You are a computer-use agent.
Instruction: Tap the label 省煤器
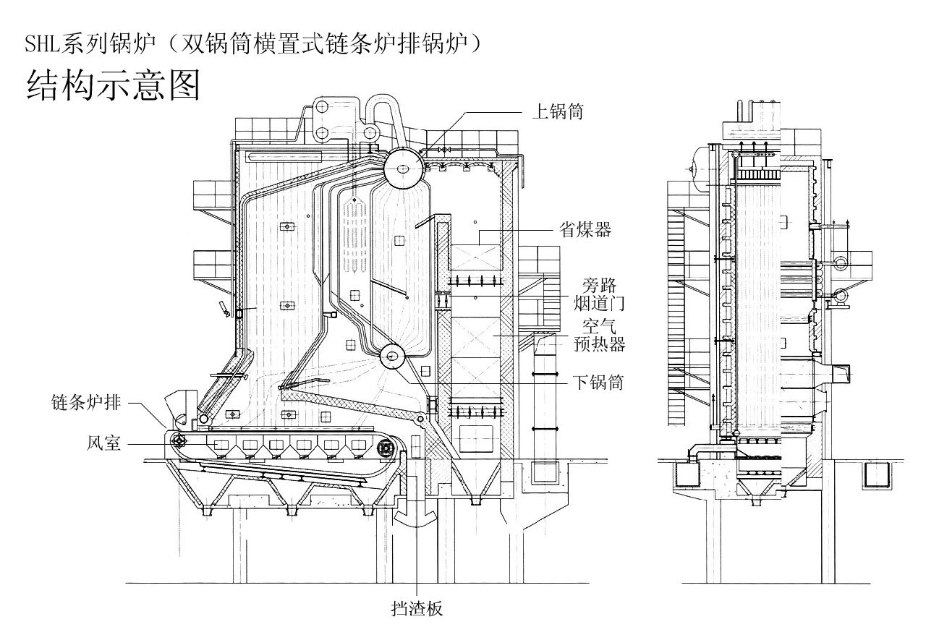pos(585,230)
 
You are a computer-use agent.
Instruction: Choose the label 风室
pos(103,443)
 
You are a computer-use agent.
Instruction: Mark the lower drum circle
pos(394,357)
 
